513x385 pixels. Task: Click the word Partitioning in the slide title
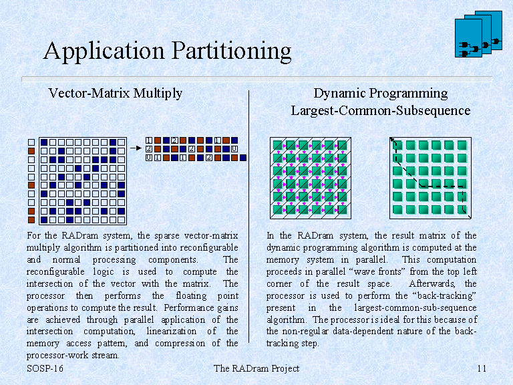pyautogui.click(x=231, y=51)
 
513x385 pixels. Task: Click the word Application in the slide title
pyautogui.click(x=104, y=51)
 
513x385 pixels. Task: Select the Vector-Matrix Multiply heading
pyautogui.click(x=115, y=94)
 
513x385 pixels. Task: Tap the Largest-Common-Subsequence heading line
pyautogui.click(x=381, y=111)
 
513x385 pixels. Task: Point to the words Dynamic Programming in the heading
pyautogui.click(x=381, y=94)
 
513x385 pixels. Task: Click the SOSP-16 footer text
pyautogui.click(x=45, y=368)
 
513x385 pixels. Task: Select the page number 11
pyautogui.click(x=482, y=368)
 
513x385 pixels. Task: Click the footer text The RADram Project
pyautogui.click(x=256, y=368)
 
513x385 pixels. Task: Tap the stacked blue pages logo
pyautogui.click(x=478, y=34)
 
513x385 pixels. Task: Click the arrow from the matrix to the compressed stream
pyautogui.click(x=136, y=148)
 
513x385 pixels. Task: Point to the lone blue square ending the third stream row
pyautogui.click(x=242, y=158)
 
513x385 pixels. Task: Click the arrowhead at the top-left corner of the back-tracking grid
pyautogui.click(x=392, y=140)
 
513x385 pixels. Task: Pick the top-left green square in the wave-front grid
pyautogui.click(x=278, y=145)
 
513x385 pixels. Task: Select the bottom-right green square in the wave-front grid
pyautogui.click(x=342, y=210)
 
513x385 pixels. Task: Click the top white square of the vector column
pyautogui.click(x=31, y=142)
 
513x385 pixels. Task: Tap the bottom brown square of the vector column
pyautogui.click(x=31, y=220)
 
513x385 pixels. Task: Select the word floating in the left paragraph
pyautogui.click(x=191, y=295)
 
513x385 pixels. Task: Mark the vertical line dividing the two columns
pyautogui.click(x=249, y=217)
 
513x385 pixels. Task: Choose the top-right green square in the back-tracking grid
pyautogui.click(x=462, y=145)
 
